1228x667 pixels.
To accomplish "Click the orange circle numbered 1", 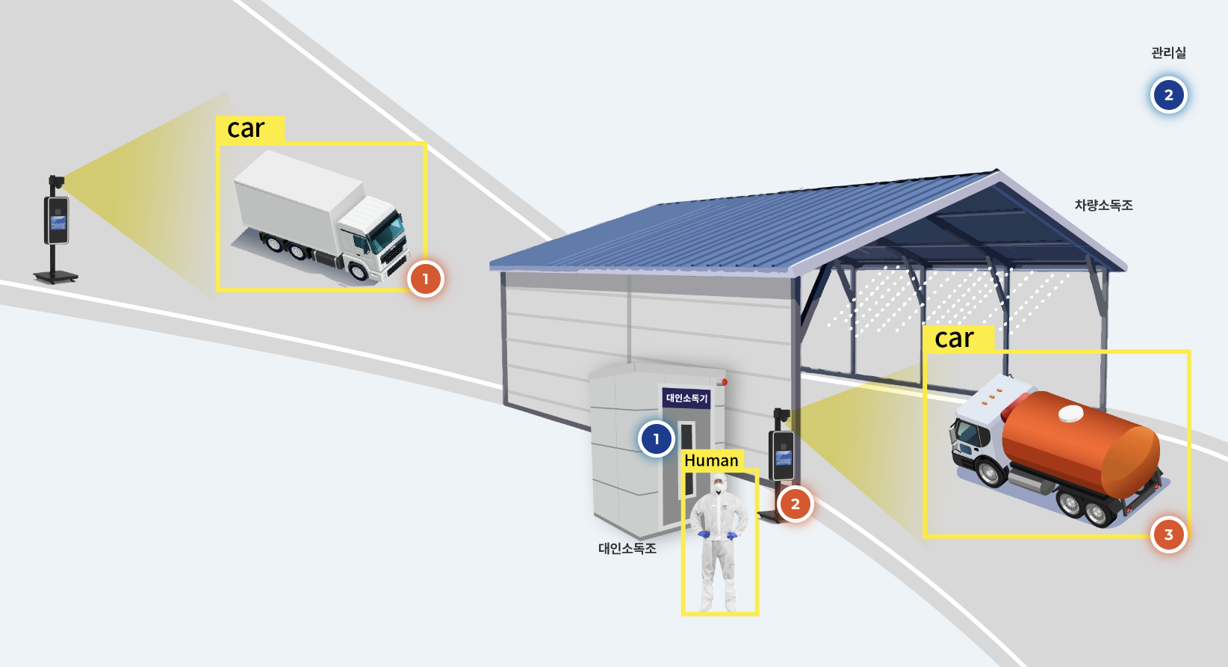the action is (x=426, y=280).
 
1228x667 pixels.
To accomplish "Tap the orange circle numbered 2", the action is (x=795, y=504).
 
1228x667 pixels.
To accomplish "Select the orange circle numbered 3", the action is (x=1168, y=535).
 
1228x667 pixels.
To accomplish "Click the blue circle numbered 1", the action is (x=657, y=439).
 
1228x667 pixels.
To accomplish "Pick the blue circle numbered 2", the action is (x=1168, y=95).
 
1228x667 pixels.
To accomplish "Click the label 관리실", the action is (x=1168, y=53).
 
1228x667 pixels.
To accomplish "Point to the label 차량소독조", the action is (x=1103, y=206).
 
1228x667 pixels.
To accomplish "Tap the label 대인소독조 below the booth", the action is (x=627, y=548).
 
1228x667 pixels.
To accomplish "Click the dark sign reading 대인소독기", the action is (x=686, y=398).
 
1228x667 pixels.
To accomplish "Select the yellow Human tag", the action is (x=712, y=460).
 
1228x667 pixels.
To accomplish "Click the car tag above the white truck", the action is (x=250, y=129).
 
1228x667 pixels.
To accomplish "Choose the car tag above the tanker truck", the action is (x=958, y=338).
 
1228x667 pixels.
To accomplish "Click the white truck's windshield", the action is (x=388, y=233).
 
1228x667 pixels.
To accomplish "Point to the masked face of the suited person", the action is (x=718, y=486).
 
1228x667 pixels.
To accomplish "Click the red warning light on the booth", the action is (x=725, y=382).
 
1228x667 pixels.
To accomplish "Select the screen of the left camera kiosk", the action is (x=58, y=222).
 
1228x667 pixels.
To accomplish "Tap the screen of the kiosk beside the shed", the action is (x=783, y=458).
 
